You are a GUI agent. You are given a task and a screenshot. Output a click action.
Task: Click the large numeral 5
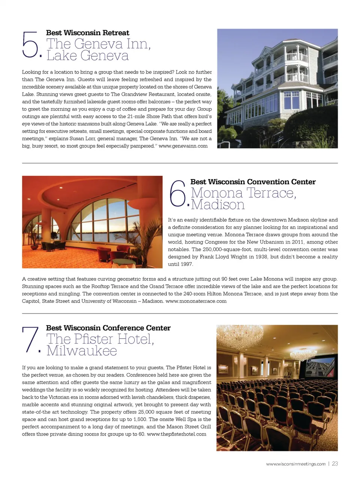[x=30, y=45]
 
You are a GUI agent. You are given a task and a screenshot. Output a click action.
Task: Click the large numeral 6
[x=177, y=194]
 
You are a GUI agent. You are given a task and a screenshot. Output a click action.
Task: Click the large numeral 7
[x=30, y=340]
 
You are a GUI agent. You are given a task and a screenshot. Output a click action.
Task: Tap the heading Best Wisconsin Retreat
[x=87, y=33]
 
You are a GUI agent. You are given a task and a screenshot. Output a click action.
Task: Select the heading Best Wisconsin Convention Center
[x=253, y=182]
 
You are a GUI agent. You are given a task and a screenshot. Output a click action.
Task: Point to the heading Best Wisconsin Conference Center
[x=108, y=328]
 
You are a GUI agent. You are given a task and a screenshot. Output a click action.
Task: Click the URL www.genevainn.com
[x=183, y=146]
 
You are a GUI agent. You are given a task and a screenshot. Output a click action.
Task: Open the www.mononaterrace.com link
[x=196, y=301]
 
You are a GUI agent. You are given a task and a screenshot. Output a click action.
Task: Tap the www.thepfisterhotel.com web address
[x=176, y=434]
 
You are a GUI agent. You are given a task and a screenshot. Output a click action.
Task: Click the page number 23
[x=335, y=464]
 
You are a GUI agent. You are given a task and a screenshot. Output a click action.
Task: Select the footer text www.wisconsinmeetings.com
[x=295, y=464]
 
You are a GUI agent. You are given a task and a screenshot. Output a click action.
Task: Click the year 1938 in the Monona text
[x=261, y=257]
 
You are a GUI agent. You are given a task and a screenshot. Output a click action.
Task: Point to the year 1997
[x=186, y=264]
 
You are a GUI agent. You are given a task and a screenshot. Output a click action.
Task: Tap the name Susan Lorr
[x=82, y=139]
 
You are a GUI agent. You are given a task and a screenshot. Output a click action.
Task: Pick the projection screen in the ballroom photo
[x=320, y=368]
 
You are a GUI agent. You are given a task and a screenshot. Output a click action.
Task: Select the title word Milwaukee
[x=82, y=351]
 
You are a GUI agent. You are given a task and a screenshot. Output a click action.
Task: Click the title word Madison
[x=218, y=205]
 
